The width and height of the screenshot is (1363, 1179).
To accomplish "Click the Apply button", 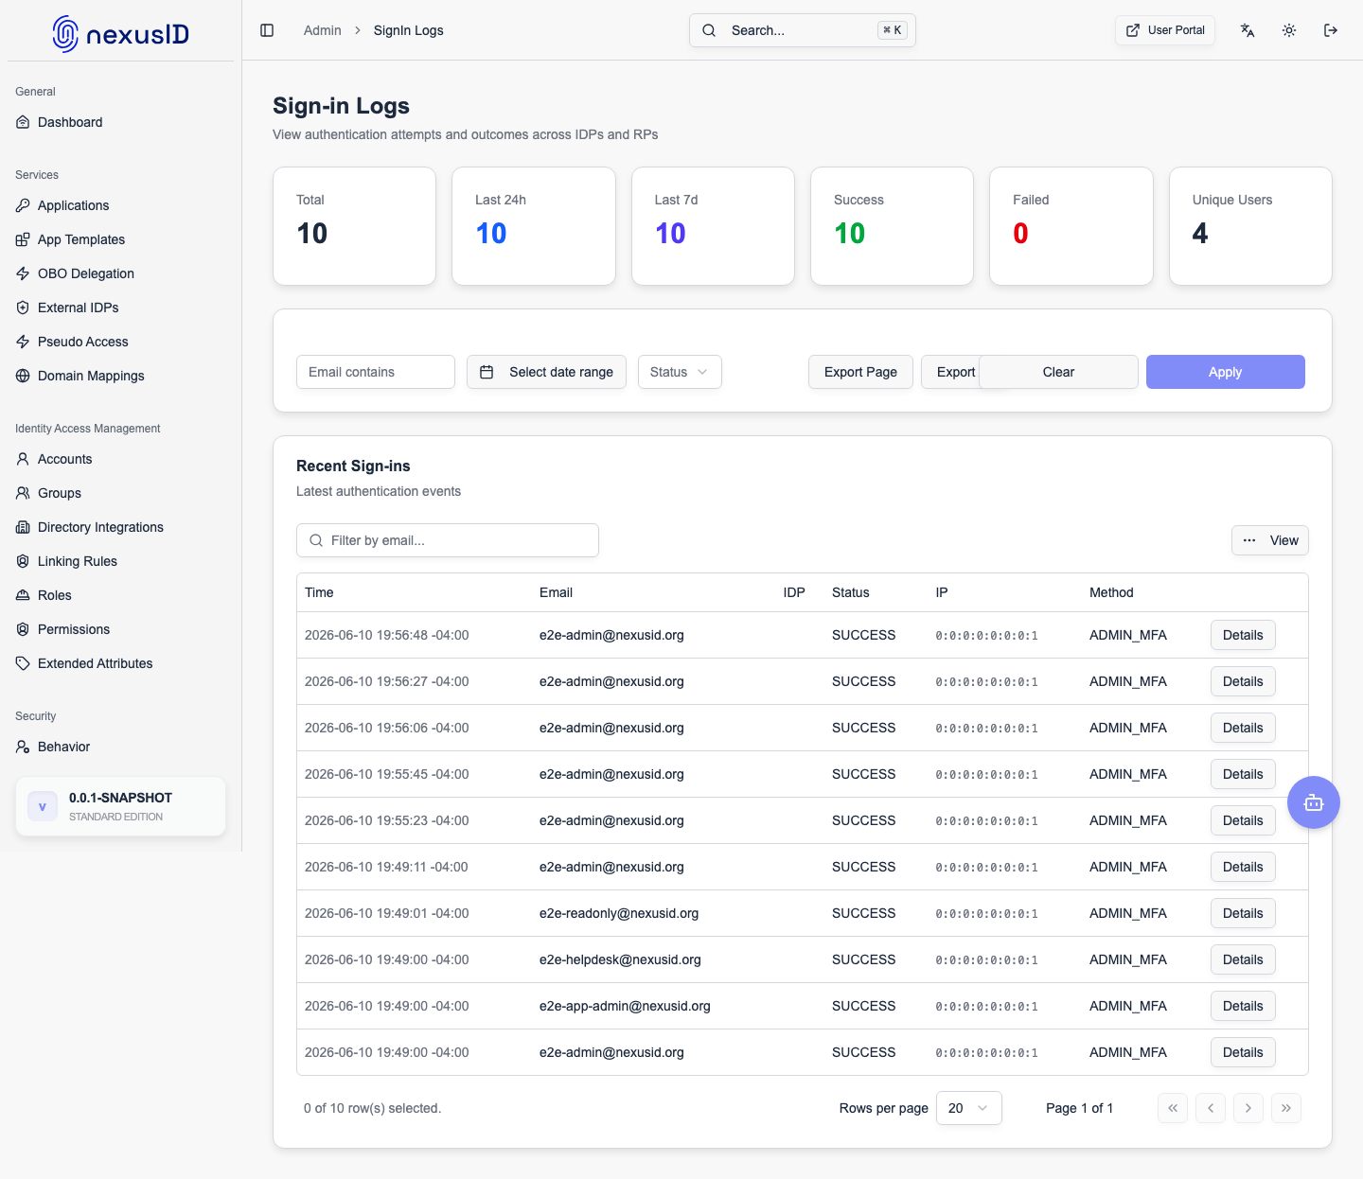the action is pyautogui.click(x=1225, y=372).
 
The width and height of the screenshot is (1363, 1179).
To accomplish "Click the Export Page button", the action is pyautogui.click(x=859, y=372).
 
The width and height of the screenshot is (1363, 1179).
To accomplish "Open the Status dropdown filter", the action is pyautogui.click(x=680, y=372).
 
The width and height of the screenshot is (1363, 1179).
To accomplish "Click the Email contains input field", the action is pyautogui.click(x=375, y=372).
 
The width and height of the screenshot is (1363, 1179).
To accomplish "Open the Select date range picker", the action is pyautogui.click(x=546, y=372).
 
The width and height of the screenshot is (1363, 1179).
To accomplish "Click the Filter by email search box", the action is pyautogui.click(x=447, y=540).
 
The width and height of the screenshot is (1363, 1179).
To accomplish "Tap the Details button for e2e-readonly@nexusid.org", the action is pyautogui.click(x=1243, y=913).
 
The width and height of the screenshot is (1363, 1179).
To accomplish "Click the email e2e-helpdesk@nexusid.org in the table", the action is pyautogui.click(x=620, y=959).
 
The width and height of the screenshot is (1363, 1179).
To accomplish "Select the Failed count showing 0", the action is pyautogui.click(x=1020, y=234).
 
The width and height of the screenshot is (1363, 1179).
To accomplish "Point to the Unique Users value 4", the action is pyautogui.click(x=1199, y=234).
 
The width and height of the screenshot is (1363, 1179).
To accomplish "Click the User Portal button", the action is pyautogui.click(x=1164, y=30).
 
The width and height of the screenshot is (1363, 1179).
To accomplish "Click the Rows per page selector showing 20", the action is pyautogui.click(x=968, y=1108).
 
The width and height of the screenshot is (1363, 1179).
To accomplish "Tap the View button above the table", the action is pyautogui.click(x=1269, y=540).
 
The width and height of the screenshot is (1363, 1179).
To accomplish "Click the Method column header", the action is pyautogui.click(x=1111, y=592).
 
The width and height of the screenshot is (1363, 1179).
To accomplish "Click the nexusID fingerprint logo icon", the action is pyautogui.click(x=65, y=34).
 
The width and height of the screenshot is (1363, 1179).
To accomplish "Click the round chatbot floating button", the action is pyautogui.click(x=1313, y=802).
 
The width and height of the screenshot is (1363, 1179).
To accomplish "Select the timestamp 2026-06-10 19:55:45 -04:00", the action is pyautogui.click(x=386, y=774).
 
